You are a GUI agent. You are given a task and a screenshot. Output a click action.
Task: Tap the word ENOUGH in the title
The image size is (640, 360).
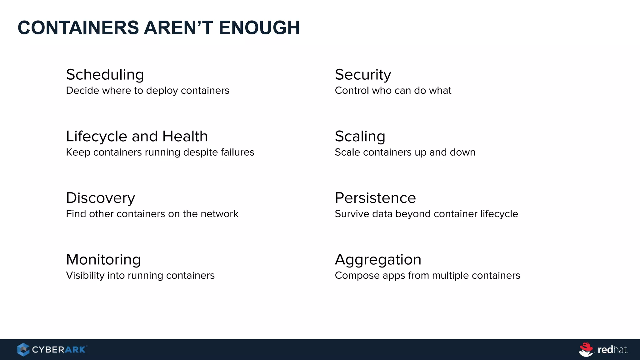click(x=259, y=27)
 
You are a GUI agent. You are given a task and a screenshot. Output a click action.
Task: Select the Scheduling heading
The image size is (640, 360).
click(x=105, y=75)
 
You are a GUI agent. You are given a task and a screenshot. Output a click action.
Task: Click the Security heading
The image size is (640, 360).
click(x=363, y=75)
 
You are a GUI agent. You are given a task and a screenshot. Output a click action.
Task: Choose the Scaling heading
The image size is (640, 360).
click(x=360, y=137)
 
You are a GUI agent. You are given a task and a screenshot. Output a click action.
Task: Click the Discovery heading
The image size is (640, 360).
click(x=100, y=198)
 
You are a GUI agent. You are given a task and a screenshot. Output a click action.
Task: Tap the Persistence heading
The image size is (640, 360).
click(x=375, y=198)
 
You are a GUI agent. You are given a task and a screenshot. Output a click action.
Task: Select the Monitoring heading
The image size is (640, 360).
click(x=103, y=260)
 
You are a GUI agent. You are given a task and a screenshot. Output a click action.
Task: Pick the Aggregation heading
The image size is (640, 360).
click(x=378, y=260)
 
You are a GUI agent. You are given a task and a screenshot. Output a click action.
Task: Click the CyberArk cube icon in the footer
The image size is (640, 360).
click(x=23, y=349)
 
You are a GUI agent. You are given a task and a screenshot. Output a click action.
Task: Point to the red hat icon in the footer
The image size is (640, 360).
click(x=586, y=349)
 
